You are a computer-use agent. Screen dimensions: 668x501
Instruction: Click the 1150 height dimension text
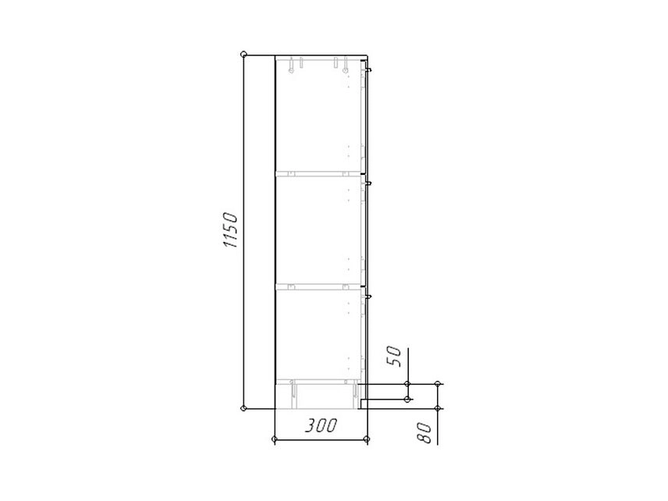(230, 229)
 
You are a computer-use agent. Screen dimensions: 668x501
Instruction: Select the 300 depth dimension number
(321, 425)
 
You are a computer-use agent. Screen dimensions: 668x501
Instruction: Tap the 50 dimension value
(393, 357)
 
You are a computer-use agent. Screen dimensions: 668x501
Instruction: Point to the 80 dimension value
(425, 433)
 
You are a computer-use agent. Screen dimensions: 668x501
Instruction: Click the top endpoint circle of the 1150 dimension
(243, 55)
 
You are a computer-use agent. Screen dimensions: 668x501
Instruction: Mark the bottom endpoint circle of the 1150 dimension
(243, 408)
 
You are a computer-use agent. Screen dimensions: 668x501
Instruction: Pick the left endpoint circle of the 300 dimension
(275, 439)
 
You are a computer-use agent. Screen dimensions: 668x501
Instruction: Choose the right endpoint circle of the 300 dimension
(368, 439)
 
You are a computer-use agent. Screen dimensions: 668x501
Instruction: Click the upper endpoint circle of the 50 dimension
(407, 384)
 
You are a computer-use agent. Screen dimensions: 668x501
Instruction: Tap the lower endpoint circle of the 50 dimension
(407, 400)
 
